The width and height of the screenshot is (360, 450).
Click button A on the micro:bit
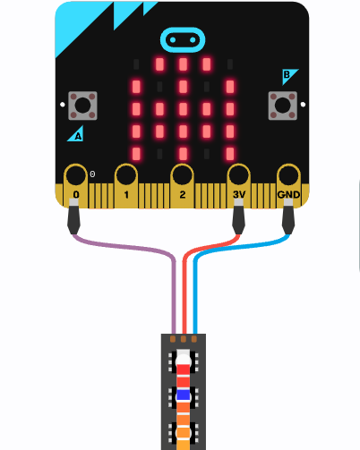[82, 106]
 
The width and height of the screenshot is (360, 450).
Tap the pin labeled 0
[75, 185]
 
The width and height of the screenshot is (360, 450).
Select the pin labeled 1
[126, 185]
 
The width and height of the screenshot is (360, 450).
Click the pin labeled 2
[182, 185]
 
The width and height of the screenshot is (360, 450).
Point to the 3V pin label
[239, 194]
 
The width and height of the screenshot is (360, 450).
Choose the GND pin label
[288, 194]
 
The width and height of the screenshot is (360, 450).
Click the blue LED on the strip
[184, 395]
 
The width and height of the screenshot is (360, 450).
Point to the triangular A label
[76, 135]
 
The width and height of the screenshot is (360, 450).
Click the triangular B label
[288, 76]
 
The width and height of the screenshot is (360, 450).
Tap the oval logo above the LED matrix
[183, 39]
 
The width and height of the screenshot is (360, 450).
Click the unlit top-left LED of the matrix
[136, 64]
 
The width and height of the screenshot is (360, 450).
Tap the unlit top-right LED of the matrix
[230, 64]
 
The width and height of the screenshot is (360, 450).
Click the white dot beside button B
[303, 105]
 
